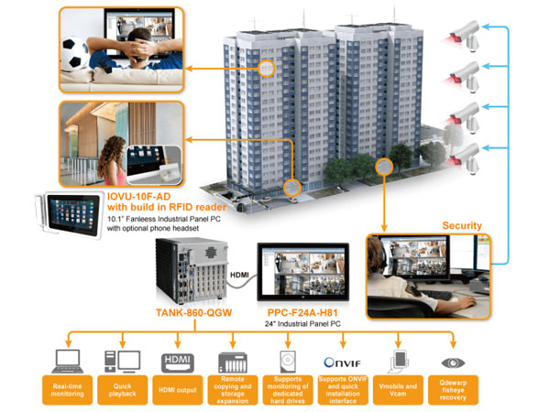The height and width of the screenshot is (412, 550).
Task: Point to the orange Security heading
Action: click(463, 225)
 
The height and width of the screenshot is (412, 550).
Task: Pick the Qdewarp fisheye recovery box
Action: click(452, 389)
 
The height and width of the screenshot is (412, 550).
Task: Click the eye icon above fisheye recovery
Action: click(452, 361)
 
